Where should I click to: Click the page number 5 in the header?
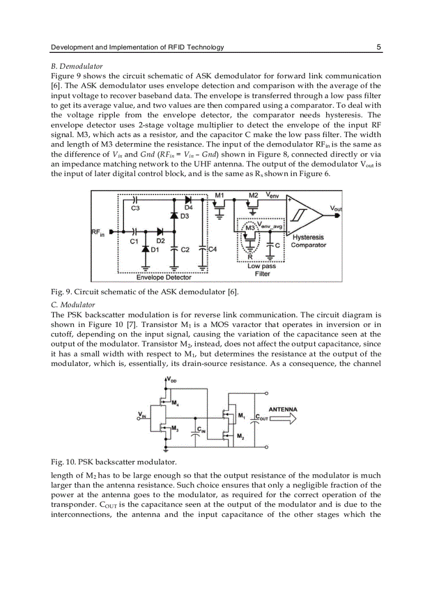pyautogui.click(x=379, y=47)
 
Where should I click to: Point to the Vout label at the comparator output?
pyautogui.click(x=336, y=208)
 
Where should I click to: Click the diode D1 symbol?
pyautogui.click(x=145, y=249)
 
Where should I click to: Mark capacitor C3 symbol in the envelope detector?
pyautogui.click(x=136, y=201)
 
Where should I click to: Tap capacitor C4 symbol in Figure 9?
pyautogui.click(x=203, y=249)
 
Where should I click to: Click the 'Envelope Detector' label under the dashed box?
pyautogui.click(x=164, y=277)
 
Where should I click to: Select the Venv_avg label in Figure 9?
pyautogui.click(x=271, y=226)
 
